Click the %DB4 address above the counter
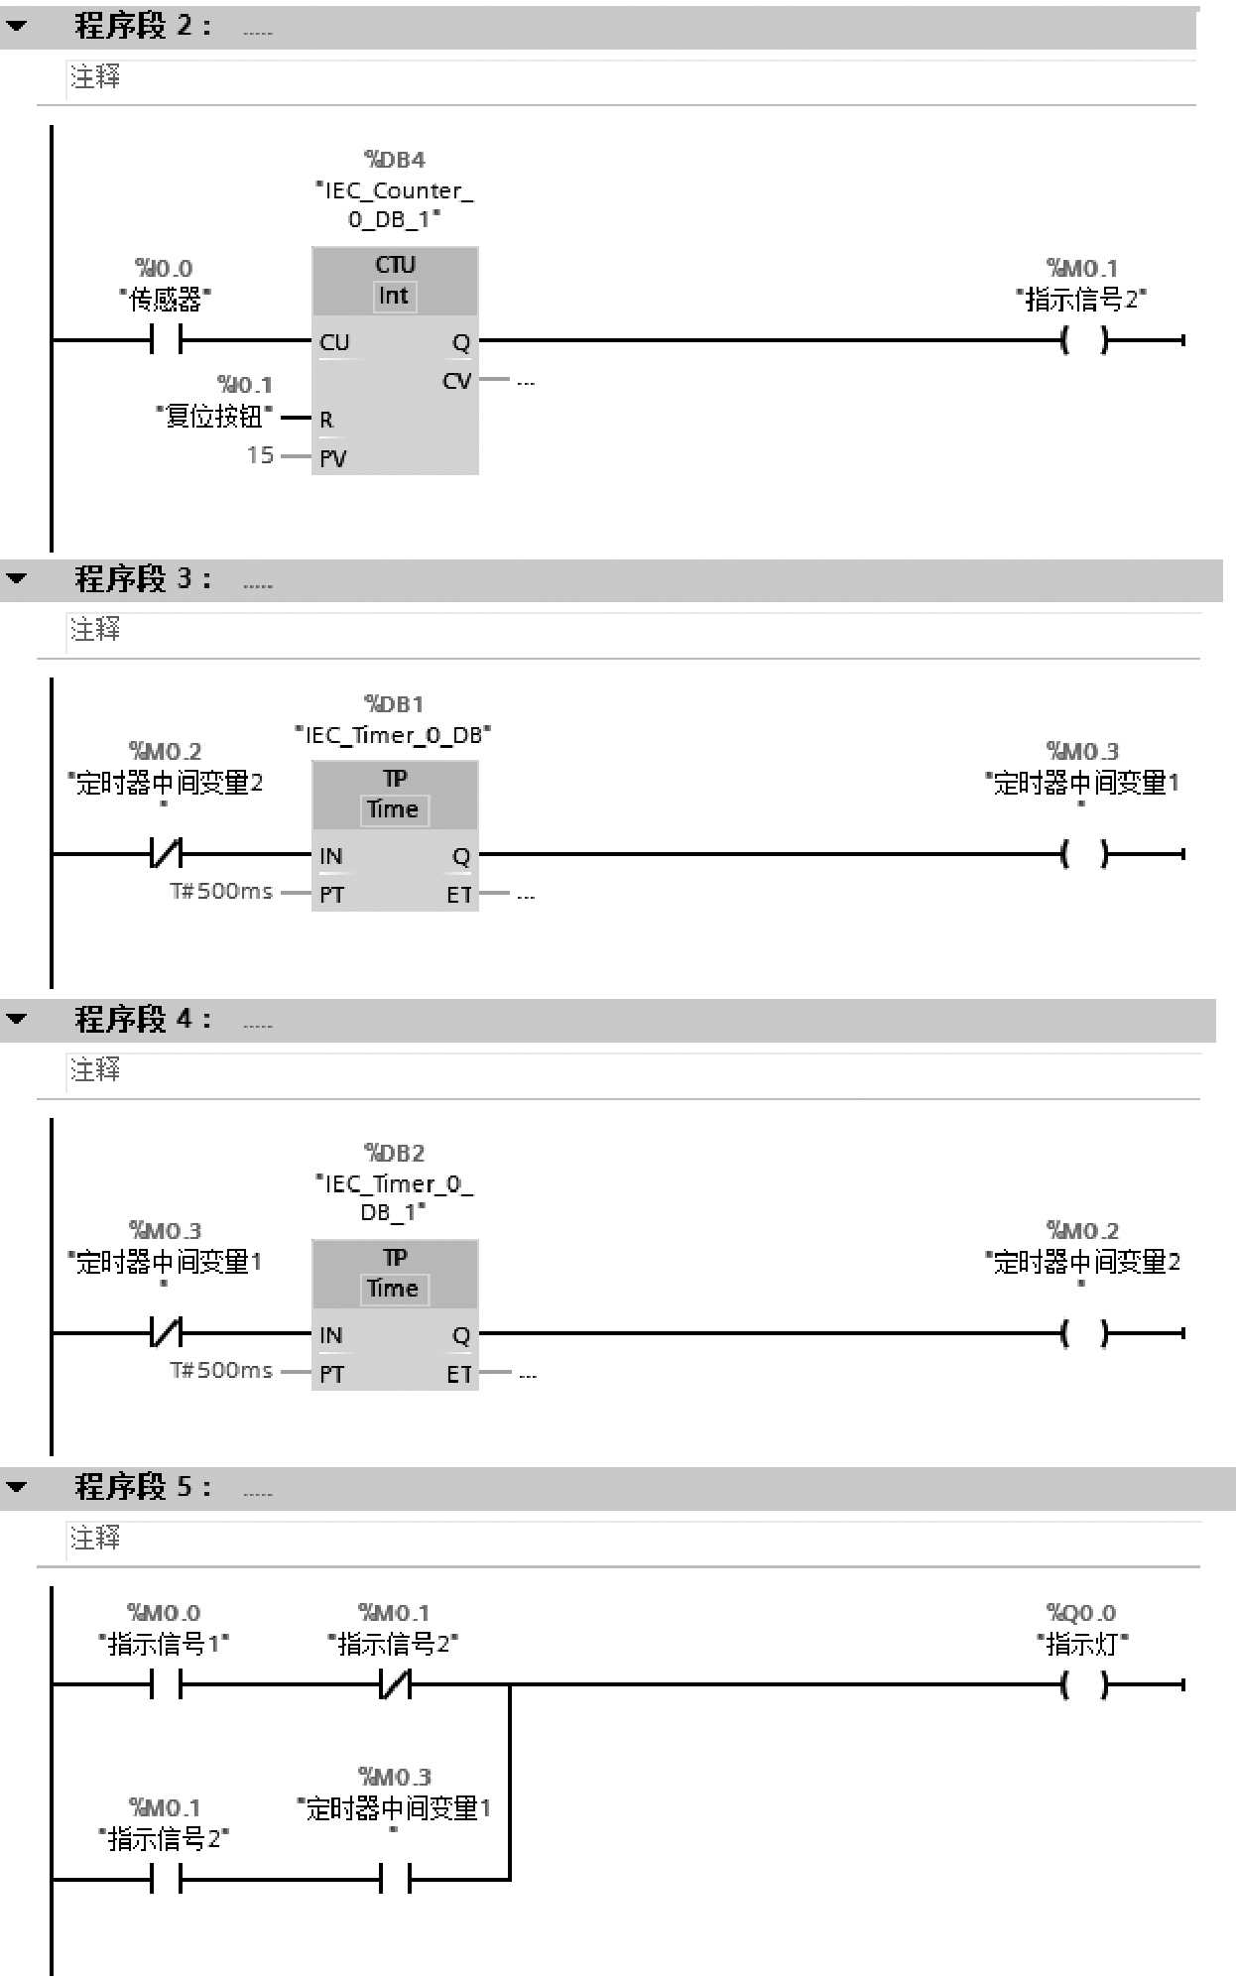(395, 160)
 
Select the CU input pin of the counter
(334, 342)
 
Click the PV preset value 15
(260, 455)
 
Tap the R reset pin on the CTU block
(326, 420)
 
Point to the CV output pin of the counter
(456, 381)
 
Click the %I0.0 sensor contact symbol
(166, 340)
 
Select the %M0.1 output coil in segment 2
(1083, 340)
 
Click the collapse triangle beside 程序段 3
(17, 578)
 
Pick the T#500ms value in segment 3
(221, 891)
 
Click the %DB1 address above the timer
(394, 704)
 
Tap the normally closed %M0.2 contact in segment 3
(166, 853)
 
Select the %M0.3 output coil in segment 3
(1083, 853)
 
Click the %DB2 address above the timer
(394, 1153)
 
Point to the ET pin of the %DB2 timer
(458, 1374)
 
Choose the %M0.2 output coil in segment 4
(1083, 1333)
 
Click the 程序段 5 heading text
(143, 1487)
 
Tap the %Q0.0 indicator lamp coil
(1083, 1684)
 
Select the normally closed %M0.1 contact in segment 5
(395, 1684)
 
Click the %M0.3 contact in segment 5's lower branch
(395, 1879)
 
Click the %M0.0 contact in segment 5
(166, 1684)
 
